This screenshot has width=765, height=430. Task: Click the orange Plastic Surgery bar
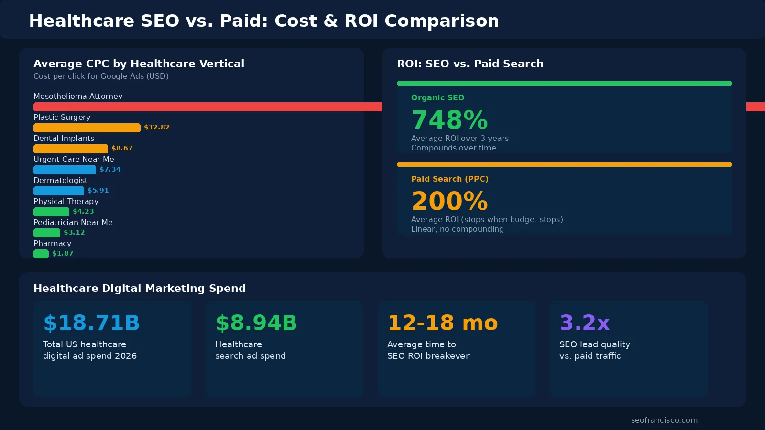(87, 128)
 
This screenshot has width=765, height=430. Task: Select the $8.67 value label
(122, 148)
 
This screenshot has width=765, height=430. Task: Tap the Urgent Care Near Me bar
(65, 170)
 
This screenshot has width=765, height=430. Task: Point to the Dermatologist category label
(60, 180)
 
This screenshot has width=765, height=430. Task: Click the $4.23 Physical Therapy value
(83, 211)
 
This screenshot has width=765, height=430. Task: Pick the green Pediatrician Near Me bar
(46, 233)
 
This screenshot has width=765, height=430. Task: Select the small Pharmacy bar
(41, 254)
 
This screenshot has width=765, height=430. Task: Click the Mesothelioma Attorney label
(78, 96)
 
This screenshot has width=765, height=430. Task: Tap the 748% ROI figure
(449, 120)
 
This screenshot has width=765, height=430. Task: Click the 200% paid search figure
(449, 201)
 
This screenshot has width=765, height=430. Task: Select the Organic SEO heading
(437, 97)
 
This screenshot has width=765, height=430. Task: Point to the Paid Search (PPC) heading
(449, 179)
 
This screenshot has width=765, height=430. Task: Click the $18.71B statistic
(91, 323)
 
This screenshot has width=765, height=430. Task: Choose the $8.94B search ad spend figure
(256, 323)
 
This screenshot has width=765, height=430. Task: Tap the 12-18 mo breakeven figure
(442, 323)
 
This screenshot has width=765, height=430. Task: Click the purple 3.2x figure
(584, 323)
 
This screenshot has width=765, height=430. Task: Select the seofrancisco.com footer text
(664, 420)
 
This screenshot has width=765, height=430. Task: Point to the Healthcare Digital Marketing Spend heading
(140, 288)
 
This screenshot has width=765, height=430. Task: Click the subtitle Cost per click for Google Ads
(101, 76)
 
